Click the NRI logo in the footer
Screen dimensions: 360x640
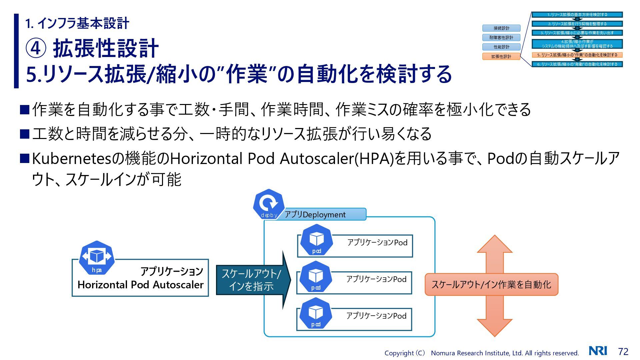[x=598, y=351]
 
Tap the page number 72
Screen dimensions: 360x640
[x=623, y=352]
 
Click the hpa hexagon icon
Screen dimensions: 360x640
[x=97, y=258]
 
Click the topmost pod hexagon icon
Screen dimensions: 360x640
[x=316, y=240]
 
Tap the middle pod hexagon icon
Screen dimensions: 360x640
[x=316, y=277]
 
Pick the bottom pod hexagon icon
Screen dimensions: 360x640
[x=316, y=313]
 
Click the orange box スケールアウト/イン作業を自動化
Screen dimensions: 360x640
[x=491, y=284]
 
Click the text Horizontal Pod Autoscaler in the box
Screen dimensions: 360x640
[x=140, y=285]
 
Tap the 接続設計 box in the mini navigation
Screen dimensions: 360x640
[x=501, y=28]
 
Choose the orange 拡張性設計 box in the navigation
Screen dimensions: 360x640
[x=501, y=56]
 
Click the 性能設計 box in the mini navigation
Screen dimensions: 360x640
[x=501, y=47]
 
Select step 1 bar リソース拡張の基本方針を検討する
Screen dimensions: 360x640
[x=577, y=15]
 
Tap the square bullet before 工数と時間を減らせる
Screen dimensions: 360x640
[x=25, y=134]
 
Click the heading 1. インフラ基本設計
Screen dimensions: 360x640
[x=77, y=23]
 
